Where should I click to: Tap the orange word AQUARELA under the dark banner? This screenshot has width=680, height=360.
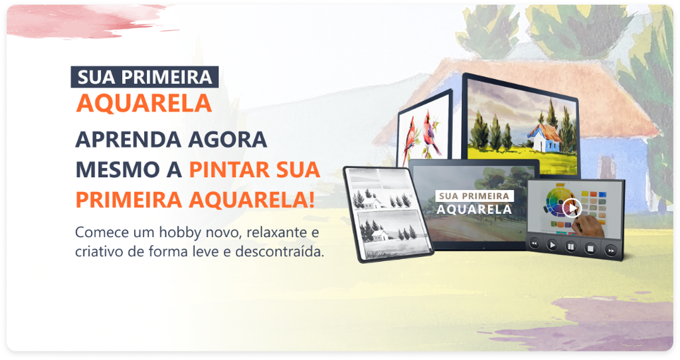(144, 103)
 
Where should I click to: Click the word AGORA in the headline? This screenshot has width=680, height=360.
(228, 139)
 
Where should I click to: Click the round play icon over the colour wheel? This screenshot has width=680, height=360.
(572, 209)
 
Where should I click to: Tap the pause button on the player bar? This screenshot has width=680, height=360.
(570, 247)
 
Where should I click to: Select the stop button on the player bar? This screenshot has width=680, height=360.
(590, 248)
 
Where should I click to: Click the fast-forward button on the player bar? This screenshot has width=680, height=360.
(611, 250)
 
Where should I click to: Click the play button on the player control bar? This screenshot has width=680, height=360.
(552, 245)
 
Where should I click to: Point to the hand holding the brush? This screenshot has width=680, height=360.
(590, 226)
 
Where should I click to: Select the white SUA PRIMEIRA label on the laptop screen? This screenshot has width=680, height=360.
(474, 196)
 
